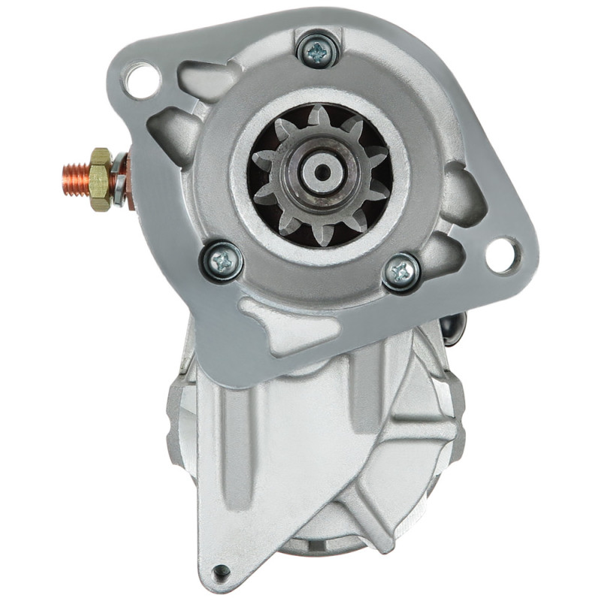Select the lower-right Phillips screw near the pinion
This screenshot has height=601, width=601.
click(x=401, y=272)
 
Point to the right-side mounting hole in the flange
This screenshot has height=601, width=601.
click(x=502, y=255)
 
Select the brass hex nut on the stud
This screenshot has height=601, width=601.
click(x=100, y=179)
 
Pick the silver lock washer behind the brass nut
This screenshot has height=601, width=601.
click(x=118, y=181)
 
